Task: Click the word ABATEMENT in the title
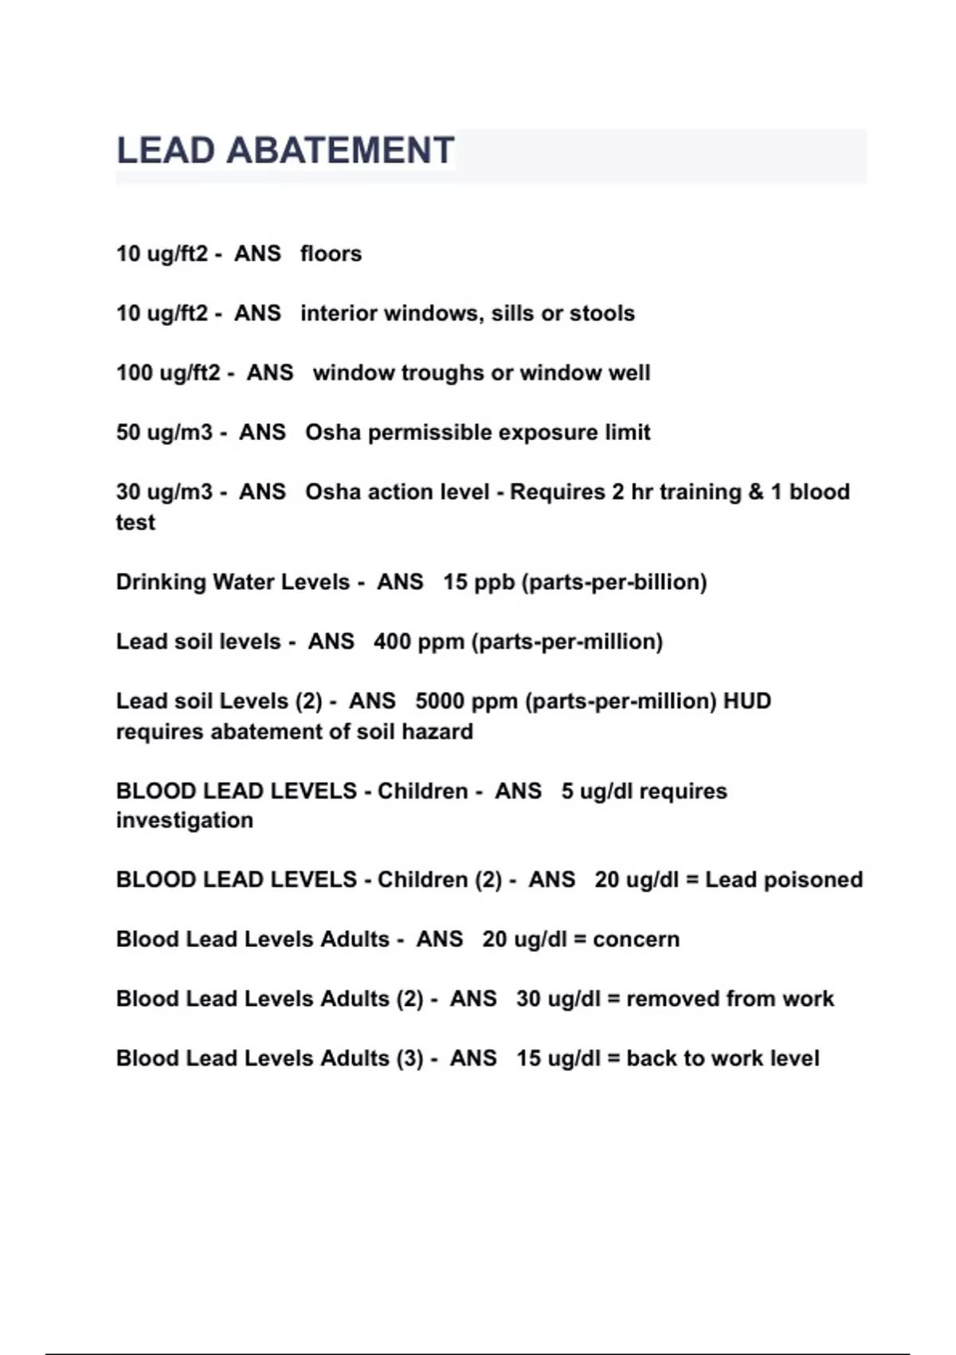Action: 340,151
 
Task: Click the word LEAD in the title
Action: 166,151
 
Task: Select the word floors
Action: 331,253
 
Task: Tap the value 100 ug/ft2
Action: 168,372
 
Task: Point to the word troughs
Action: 449,372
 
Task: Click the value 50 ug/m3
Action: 164,432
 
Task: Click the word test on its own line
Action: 135,522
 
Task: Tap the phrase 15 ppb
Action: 479,582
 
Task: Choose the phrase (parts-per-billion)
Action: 614,582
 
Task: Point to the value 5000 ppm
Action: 466,701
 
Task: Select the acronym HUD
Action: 746,701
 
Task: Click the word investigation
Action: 185,820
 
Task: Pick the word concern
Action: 636,939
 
